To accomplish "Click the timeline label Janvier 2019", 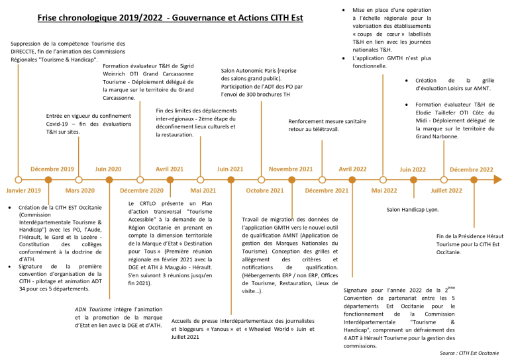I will pos(24,191).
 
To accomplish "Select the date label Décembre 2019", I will pos(52,169).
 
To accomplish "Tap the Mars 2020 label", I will pos(79,191).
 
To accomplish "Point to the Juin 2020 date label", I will pos(109,169).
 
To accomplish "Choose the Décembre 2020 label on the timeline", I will pos(142,191).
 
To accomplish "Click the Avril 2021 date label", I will pos(170,169).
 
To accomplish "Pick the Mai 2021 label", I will pos(203,191).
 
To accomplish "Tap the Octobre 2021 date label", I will pos(265,191).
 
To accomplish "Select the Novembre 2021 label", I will pos(291,169).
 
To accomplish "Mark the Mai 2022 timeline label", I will pos(384,191).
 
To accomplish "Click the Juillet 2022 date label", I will pos(446,191).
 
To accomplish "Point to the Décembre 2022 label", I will pos(472,169).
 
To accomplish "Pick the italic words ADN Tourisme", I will pos(93,309).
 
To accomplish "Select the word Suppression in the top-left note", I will pos(28,44).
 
